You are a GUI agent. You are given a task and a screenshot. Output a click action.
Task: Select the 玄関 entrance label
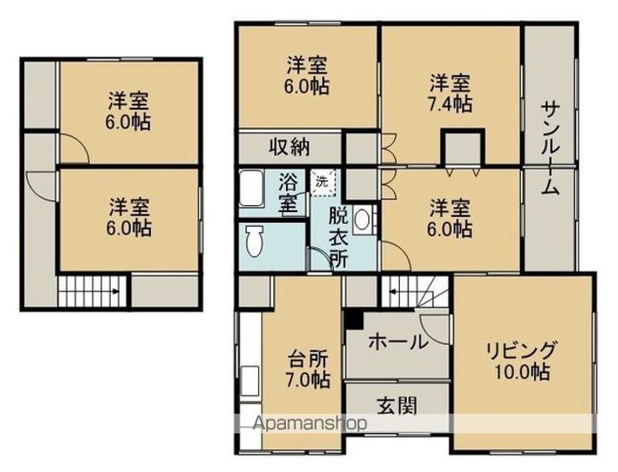(x=397, y=405)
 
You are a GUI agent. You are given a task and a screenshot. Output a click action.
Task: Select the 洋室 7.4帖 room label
(x=450, y=93)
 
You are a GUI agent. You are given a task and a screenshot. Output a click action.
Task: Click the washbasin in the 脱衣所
(x=361, y=220)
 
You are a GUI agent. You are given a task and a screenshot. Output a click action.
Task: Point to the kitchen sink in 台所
(x=249, y=383)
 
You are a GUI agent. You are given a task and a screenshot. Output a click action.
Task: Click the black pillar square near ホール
(x=353, y=318)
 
